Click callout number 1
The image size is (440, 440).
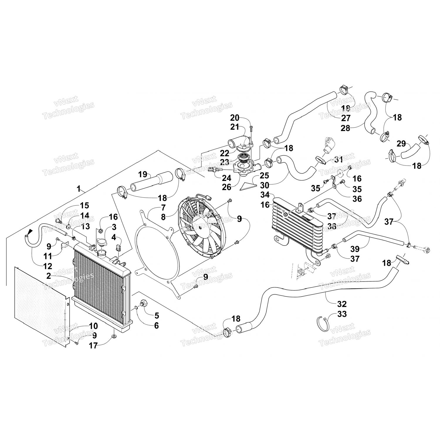coord(79,188)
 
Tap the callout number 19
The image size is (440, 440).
coord(143,175)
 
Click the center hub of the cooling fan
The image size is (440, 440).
coord(200,227)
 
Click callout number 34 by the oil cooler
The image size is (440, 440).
coord(265,195)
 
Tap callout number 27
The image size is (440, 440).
coord(346,118)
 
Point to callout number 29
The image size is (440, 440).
coord(401,144)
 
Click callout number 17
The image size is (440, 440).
coord(93,346)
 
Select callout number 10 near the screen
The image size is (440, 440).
coord(93,326)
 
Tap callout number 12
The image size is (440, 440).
coord(48,266)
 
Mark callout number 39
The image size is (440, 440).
coord(355,249)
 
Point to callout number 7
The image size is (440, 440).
coord(163,208)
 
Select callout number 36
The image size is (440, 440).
coord(357,199)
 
